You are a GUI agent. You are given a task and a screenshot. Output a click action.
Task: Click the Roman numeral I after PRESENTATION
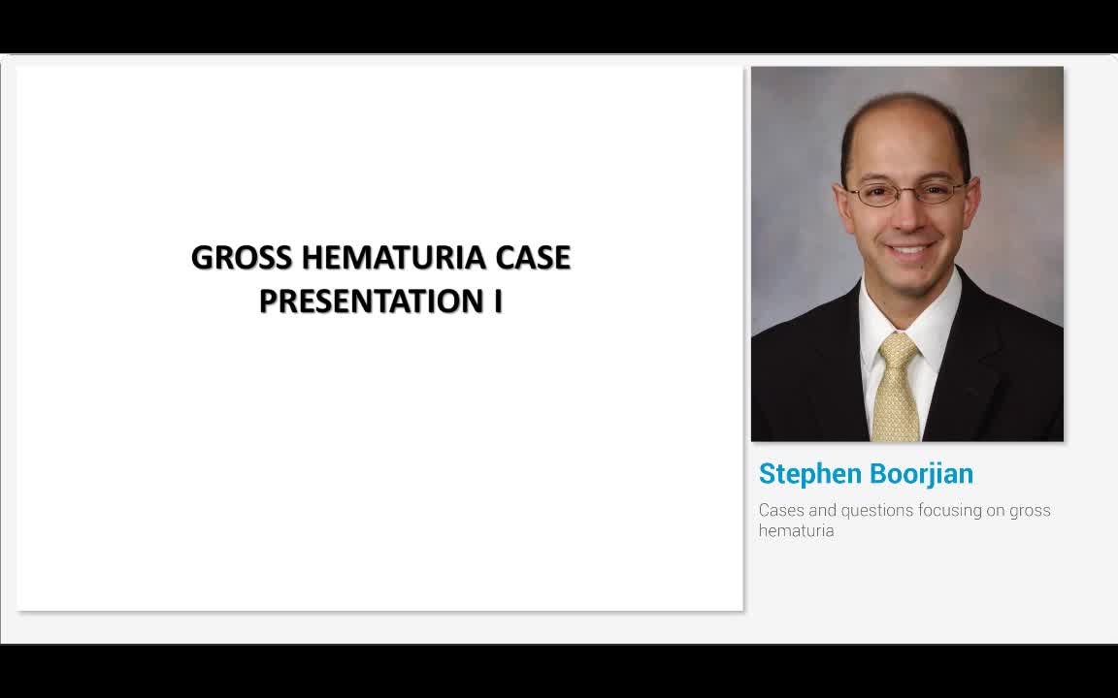[x=498, y=301]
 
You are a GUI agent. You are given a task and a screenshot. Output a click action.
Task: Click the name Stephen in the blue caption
[x=809, y=474]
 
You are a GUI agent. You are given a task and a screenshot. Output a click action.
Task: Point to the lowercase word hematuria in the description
[x=796, y=531]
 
